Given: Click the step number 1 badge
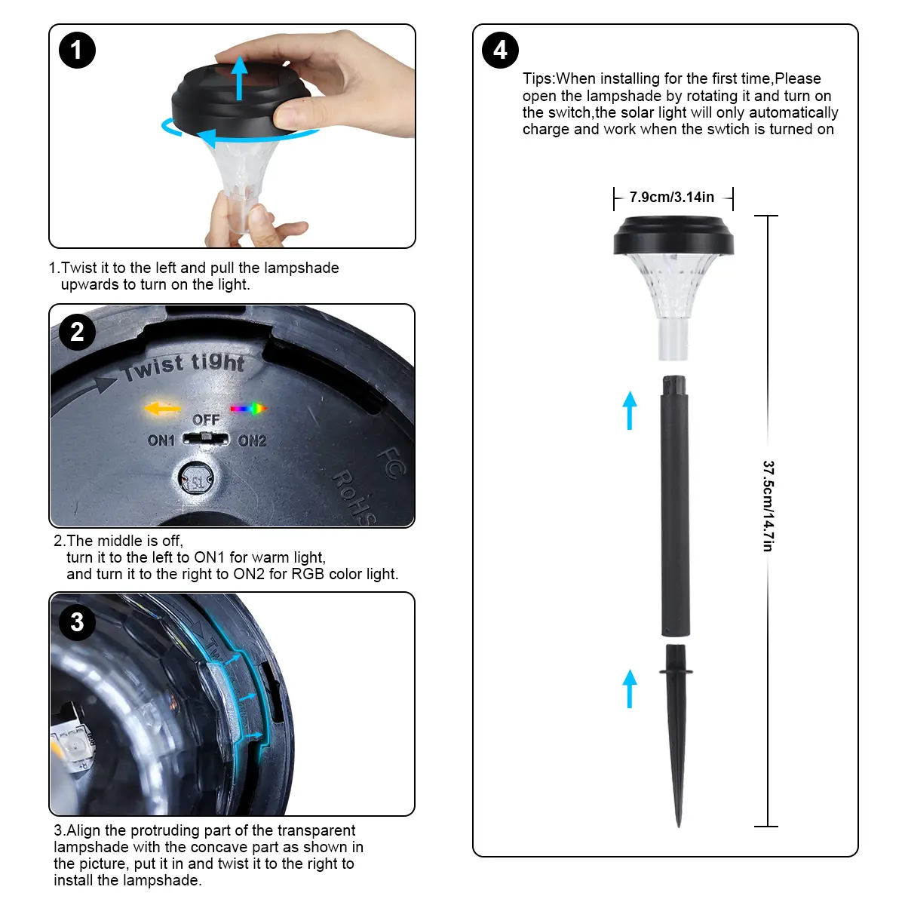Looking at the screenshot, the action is point(77,51).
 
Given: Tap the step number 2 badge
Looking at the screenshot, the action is point(78,332).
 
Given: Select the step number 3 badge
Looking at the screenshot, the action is point(78,622).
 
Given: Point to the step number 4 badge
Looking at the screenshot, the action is point(500,51).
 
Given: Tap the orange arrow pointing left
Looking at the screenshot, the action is point(162,408).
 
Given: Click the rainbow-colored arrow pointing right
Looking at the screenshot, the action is point(248,409).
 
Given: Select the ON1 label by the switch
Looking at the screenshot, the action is point(161,440).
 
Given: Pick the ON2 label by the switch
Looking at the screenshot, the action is point(252,441).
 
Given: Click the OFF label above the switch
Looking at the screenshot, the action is point(206,419).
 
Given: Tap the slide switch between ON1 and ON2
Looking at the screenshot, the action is point(206,439).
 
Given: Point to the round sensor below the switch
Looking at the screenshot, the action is point(196,479).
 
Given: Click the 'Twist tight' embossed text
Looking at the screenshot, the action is point(183,367).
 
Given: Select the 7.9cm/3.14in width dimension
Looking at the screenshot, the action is point(672,198).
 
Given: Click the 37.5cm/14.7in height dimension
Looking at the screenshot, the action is point(768,506).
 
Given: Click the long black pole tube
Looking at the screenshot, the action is point(675,506).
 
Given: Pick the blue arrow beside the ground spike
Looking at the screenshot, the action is point(630,689).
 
